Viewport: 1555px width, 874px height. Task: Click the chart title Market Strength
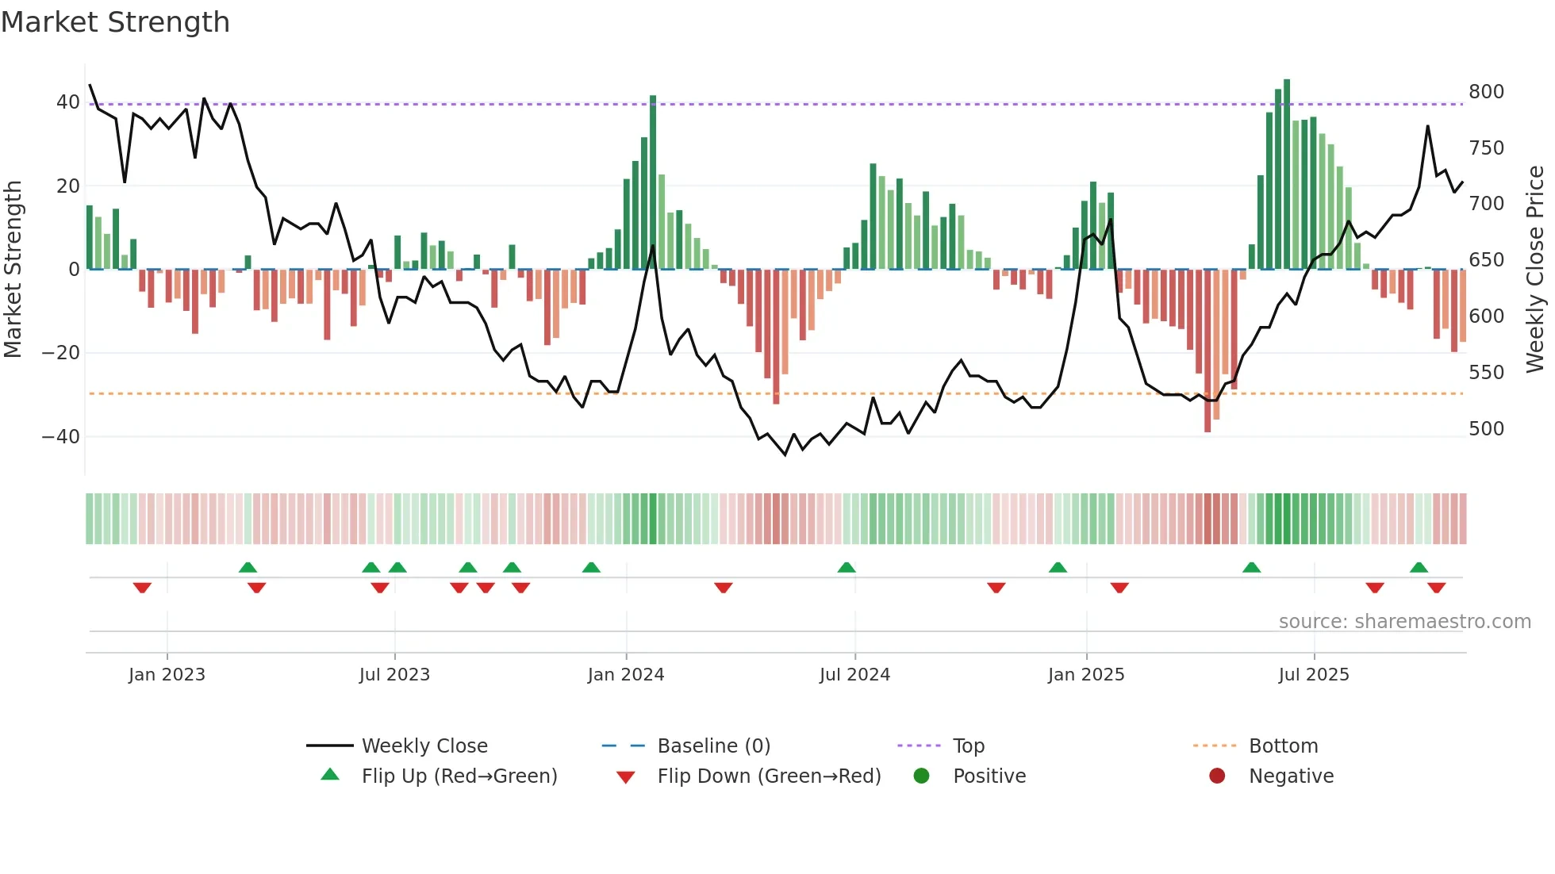click(x=115, y=22)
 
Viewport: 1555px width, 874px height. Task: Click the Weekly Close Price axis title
click(x=1535, y=269)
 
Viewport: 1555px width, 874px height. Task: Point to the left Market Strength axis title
click(x=13, y=269)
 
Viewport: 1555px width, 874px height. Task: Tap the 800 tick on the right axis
click(x=1485, y=92)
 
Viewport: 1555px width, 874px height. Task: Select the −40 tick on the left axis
click(x=61, y=437)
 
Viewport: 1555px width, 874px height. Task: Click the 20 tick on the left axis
click(x=67, y=186)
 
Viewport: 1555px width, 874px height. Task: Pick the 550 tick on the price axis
click(x=1485, y=373)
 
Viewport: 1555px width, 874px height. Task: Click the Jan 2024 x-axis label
click(x=625, y=675)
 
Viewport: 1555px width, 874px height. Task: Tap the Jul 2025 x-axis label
click(x=1313, y=675)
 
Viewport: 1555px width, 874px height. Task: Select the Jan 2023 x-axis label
click(x=167, y=675)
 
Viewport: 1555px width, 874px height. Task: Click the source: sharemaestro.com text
click(x=1404, y=622)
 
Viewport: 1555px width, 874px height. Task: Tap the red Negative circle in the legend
click(x=1216, y=776)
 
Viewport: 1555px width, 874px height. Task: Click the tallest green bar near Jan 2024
click(x=653, y=182)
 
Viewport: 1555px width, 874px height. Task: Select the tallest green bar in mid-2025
click(x=1287, y=174)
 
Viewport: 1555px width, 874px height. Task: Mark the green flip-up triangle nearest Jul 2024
click(x=847, y=567)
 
